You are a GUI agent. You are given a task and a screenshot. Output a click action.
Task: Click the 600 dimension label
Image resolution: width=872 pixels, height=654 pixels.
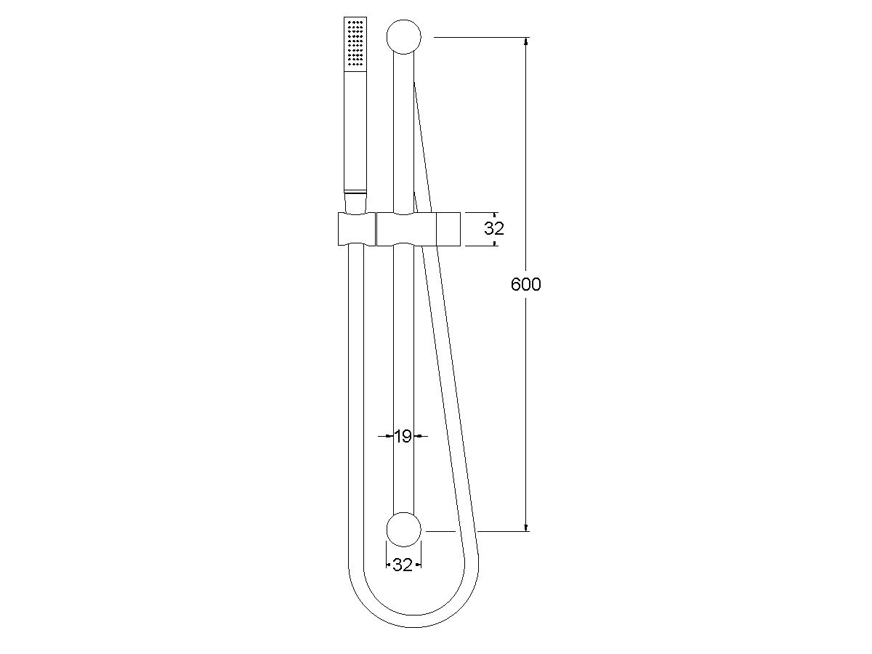pos(525,285)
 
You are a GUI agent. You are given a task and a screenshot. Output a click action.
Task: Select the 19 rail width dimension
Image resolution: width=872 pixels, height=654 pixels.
pos(403,436)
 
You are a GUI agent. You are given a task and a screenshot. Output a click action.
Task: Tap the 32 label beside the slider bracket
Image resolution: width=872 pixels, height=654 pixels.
pos(494,228)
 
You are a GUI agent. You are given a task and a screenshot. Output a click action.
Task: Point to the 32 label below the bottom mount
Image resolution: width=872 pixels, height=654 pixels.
pos(403,565)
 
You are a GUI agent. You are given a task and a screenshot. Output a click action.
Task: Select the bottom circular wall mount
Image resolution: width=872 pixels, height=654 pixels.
pos(404,530)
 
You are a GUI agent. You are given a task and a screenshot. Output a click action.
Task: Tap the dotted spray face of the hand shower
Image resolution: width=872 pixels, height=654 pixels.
pos(355,44)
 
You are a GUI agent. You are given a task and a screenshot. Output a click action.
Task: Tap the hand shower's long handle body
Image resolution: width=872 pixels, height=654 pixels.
pos(355,131)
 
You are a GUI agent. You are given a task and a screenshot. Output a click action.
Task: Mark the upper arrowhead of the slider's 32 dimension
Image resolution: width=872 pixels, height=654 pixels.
pos(495,216)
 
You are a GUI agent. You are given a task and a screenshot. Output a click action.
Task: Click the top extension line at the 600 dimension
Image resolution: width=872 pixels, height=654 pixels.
pos(480,37)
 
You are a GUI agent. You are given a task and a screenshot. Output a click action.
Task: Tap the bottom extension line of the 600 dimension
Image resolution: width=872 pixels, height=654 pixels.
pos(501,531)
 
